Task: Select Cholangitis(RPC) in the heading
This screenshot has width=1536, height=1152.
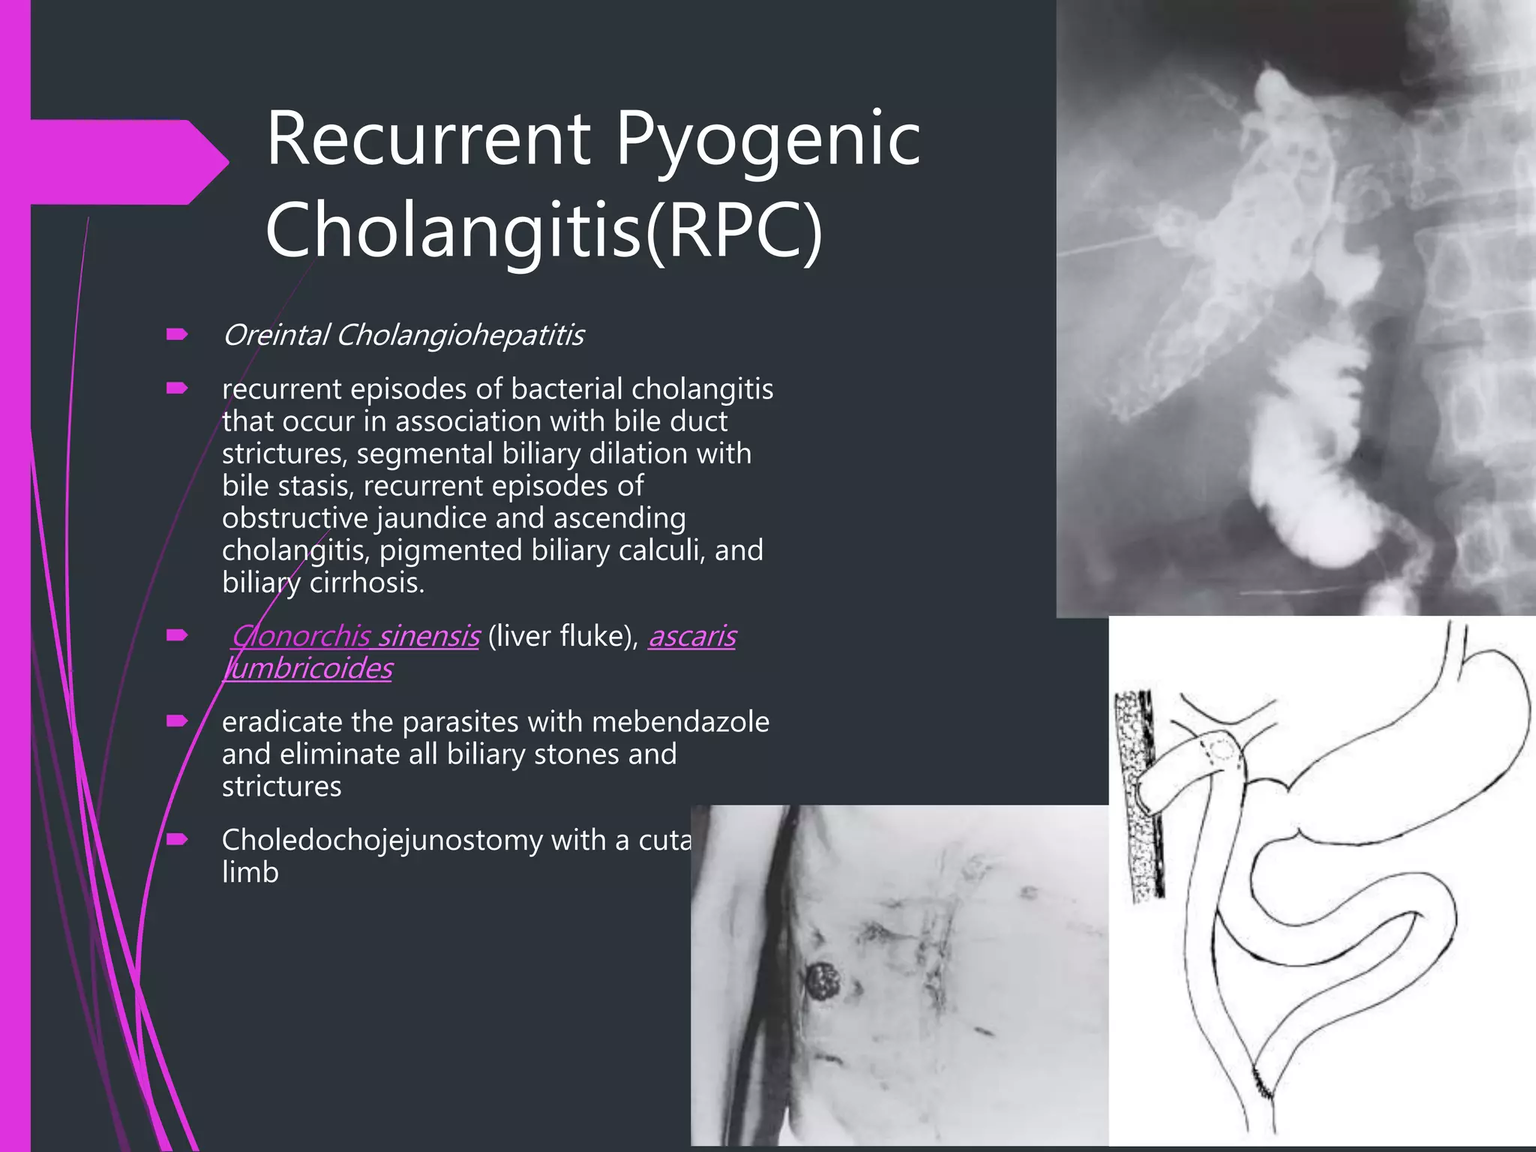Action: tap(544, 229)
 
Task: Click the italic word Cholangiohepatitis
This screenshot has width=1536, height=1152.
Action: tap(460, 335)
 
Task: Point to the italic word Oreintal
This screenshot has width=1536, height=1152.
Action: tap(275, 335)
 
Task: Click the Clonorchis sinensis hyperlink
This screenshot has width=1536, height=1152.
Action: tap(355, 636)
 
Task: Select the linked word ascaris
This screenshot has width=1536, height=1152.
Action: tap(691, 636)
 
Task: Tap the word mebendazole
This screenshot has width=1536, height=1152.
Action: tap(680, 721)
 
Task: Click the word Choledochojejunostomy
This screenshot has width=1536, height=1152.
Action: tap(382, 840)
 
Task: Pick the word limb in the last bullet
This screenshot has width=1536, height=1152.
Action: tap(250, 872)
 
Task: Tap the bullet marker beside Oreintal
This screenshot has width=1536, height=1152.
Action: tap(177, 334)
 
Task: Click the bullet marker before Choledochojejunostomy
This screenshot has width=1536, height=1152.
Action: tap(177, 839)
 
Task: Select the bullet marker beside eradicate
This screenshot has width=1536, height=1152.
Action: tap(177, 721)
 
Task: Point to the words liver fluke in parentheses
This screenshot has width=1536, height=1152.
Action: tap(562, 636)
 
